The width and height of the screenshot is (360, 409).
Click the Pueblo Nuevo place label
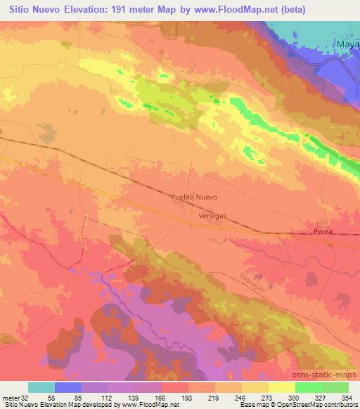pyautogui.click(x=195, y=198)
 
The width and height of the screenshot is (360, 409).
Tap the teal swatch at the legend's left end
pyautogui.click(x=41, y=387)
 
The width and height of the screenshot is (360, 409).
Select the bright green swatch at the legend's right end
pyautogui.click(x=335, y=387)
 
